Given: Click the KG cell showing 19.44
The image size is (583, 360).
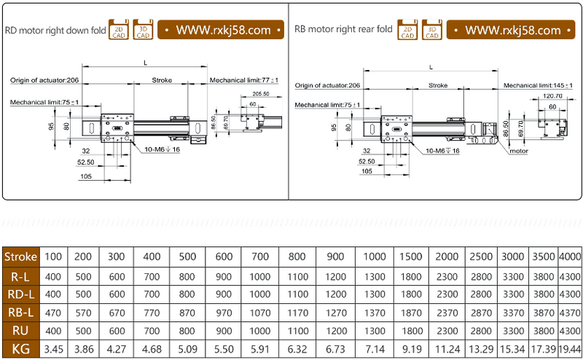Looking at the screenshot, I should (570, 349).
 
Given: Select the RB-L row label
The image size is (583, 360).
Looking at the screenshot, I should (20, 313).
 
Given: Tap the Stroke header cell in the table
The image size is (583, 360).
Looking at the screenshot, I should (20, 257).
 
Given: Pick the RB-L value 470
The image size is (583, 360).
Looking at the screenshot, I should (53, 313).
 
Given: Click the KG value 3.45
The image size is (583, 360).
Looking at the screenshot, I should (53, 349).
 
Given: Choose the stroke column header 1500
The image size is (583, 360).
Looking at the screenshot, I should (410, 257).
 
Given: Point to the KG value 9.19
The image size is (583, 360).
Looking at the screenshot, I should (410, 349).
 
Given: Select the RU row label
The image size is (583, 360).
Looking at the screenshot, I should (20, 331).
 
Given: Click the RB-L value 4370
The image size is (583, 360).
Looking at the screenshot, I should (570, 313).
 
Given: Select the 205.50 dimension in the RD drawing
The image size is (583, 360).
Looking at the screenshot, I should (260, 94).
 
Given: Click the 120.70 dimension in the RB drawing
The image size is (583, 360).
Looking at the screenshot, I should (553, 96).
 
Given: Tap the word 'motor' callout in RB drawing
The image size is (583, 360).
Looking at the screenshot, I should (518, 151).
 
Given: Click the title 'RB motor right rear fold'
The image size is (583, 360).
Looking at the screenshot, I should (343, 30).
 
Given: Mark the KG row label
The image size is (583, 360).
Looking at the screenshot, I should (20, 349).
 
